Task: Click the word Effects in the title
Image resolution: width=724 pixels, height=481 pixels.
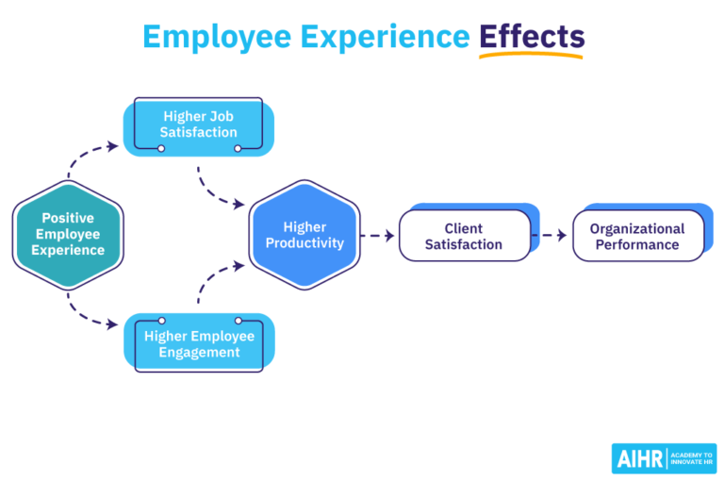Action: point(532,36)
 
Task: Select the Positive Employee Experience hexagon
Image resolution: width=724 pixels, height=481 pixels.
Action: point(68,234)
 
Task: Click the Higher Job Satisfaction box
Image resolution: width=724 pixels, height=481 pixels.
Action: point(199,125)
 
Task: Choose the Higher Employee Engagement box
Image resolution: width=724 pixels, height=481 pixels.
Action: point(199,344)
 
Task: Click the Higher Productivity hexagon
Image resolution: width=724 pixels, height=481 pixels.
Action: point(304,235)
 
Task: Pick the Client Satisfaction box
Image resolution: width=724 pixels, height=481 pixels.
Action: point(464,236)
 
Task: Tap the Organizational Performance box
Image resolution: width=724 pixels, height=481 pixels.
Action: point(637,236)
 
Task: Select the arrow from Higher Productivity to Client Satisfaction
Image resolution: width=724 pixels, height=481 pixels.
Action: point(378,236)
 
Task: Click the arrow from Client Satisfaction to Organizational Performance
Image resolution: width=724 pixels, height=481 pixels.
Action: point(551,236)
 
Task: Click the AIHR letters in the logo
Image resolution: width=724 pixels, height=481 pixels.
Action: point(639,458)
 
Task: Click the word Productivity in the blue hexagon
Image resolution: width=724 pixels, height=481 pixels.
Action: point(304,243)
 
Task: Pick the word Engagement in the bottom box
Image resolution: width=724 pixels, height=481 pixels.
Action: point(199,353)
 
